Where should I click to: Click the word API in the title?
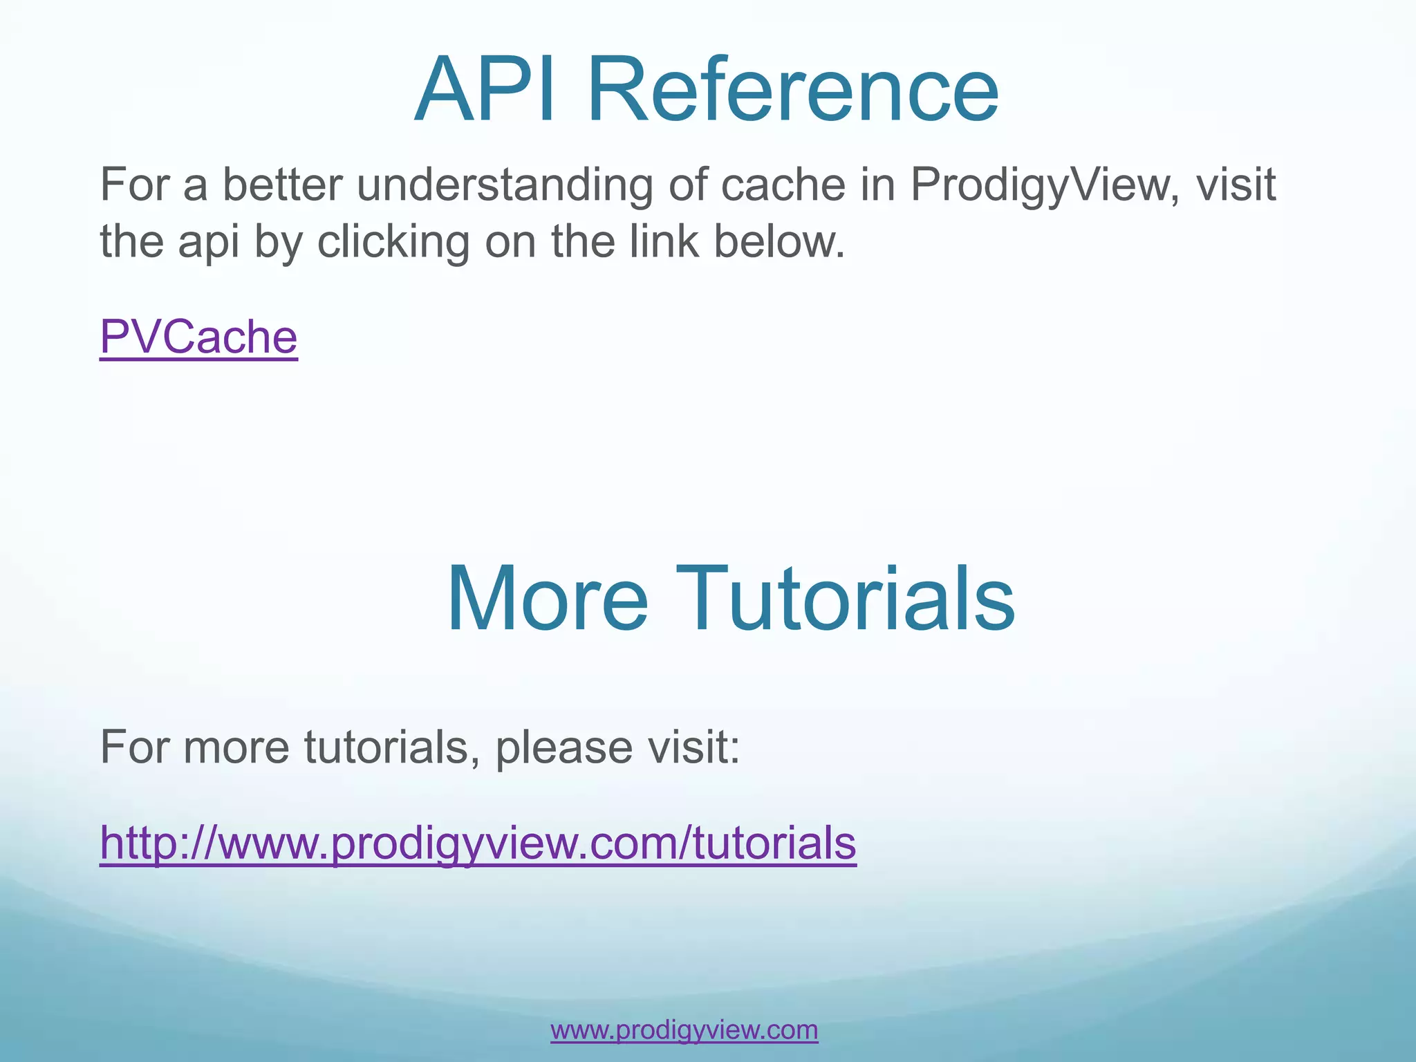(484, 90)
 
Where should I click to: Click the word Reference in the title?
(792, 90)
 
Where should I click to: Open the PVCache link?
(198, 337)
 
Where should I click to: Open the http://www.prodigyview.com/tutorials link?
(478, 843)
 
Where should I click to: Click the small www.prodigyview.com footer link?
(684, 1030)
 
